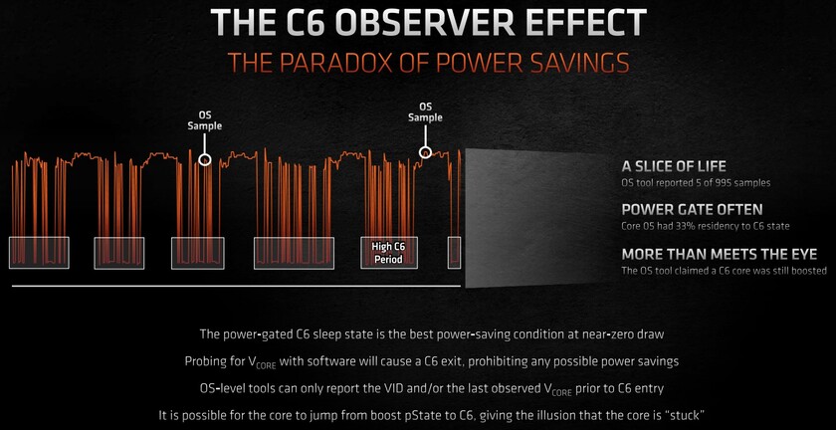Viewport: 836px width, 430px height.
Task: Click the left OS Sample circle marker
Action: [x=205, y=159]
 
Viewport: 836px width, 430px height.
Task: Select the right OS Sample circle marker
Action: [x=425, y=152]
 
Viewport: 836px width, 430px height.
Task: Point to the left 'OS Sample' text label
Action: [x=205, y=120]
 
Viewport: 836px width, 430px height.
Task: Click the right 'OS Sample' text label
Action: [x=425, y=111]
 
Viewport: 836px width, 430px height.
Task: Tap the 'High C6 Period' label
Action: [x=389, y=253]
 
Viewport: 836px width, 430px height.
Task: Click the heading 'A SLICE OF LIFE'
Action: [x=674, y=166]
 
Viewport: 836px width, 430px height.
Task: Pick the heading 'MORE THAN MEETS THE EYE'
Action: [x=718, y=254]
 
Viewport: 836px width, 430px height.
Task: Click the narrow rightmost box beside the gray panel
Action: [x=454, y=253]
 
